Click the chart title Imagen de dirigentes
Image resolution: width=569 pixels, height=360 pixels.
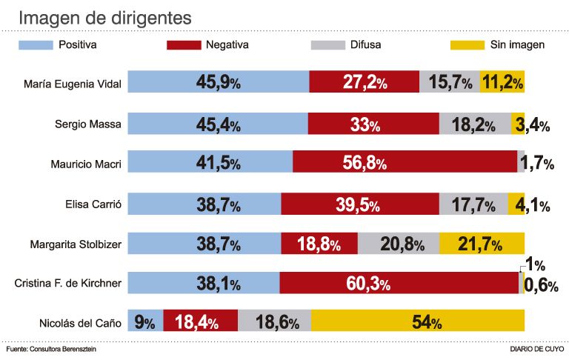(104, 16)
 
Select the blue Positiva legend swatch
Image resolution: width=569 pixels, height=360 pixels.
(36, 46)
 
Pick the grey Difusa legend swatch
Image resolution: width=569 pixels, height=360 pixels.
(328, 46)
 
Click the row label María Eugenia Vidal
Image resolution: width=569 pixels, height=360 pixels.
(72, 83)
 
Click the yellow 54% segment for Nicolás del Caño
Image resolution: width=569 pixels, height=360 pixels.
(418, 322)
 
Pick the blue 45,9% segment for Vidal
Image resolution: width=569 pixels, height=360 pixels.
(219, 83)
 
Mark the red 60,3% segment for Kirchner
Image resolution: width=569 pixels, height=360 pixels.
(399, 283)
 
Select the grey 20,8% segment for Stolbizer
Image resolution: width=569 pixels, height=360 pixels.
(399, 243)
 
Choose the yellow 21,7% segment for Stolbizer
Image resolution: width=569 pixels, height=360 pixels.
(482, 243)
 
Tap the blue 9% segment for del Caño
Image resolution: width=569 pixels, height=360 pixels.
(145, 322)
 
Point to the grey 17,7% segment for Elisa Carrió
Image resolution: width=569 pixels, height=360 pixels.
(473, 203)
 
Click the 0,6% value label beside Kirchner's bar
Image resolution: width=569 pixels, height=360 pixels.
(540, 285)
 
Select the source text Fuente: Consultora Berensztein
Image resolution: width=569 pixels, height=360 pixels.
(51, 348)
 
